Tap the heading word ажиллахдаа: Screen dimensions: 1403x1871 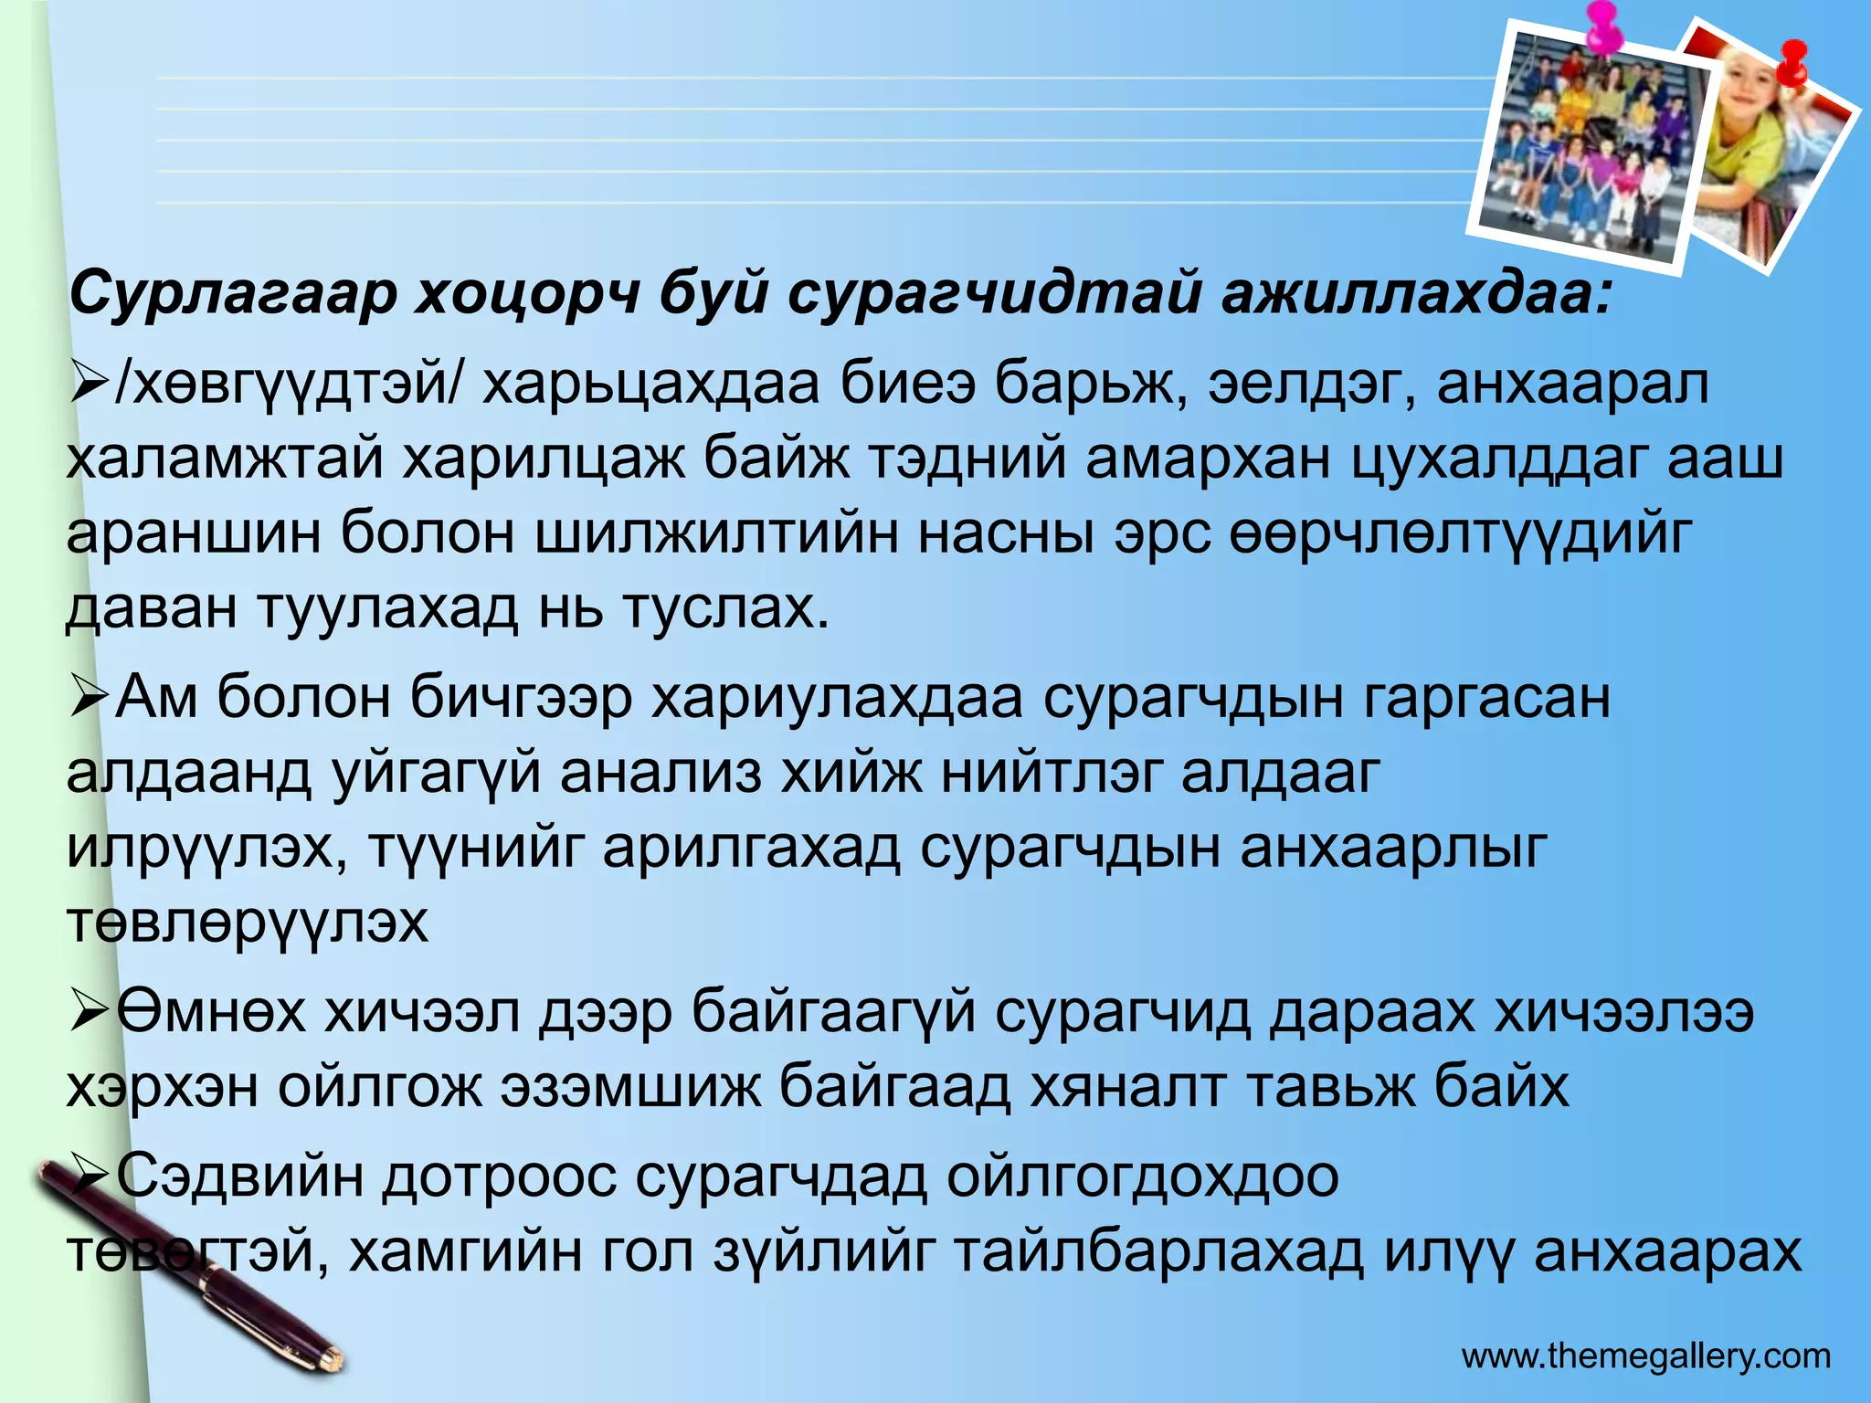pos(1417,294)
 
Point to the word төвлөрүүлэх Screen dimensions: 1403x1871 pos(247,923)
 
